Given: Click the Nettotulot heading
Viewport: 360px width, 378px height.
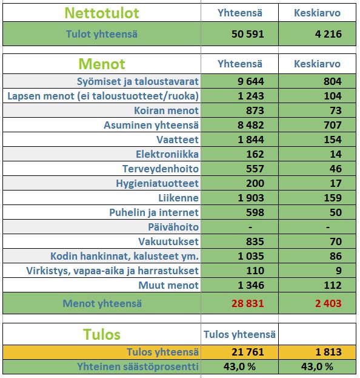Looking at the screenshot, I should (102, 13).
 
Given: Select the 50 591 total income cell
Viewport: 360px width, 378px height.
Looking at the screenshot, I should (248, 34).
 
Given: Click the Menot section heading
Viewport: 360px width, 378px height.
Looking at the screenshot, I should (102, 64).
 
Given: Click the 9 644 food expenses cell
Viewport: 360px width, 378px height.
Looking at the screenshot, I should (248, 81).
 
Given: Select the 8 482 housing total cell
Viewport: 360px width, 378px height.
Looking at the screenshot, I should (248, 125).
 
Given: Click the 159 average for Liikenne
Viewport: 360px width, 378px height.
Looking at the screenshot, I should (333, 198).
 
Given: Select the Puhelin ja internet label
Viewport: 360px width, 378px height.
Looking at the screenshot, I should (154, 212).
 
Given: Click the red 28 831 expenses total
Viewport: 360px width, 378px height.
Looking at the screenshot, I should (248, 303).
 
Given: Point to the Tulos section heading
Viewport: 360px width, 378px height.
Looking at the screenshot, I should (101, 334).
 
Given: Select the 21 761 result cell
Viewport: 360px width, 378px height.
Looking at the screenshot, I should (248, 352).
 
